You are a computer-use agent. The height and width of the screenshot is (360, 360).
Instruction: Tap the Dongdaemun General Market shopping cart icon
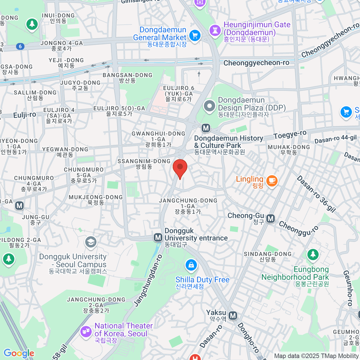point(195,36)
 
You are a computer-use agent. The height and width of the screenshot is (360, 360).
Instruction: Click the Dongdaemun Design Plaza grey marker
point(209,106)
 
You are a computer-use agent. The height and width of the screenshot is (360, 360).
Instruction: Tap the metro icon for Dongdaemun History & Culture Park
point(206,128)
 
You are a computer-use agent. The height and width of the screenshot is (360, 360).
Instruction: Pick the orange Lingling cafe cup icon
point(272,181)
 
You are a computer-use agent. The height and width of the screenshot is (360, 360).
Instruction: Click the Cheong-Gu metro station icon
point(271,218)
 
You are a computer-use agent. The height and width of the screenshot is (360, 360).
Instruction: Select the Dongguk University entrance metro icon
point(158,238)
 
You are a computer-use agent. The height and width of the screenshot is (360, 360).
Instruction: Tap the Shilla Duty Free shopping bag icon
point(191,265)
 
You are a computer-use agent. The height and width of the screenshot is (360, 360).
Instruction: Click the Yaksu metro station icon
point(233,316)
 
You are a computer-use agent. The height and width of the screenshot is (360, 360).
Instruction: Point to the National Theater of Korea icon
point(86,331)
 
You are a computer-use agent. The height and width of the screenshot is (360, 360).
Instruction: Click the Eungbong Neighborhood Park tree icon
point(313,254)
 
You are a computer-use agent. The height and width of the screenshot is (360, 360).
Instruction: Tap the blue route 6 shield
point(20,46)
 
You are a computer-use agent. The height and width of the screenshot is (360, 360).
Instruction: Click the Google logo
point(19,353)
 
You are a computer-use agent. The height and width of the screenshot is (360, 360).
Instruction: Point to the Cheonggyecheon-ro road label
point(256,63)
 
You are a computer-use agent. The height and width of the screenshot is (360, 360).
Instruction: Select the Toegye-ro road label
point(290,135)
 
